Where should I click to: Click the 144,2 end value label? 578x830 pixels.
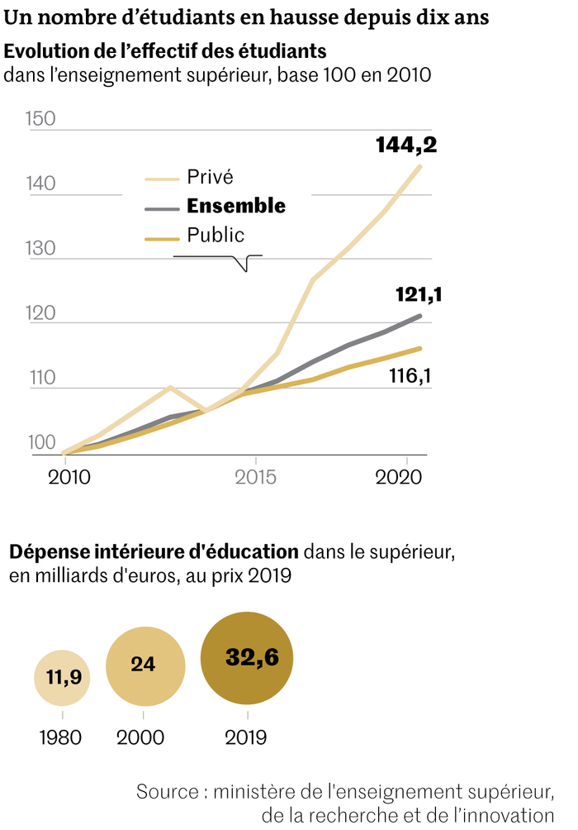pos(405,145)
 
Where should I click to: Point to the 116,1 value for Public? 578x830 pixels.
pos(410,377)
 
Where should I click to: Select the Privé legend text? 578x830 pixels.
pos(211,176)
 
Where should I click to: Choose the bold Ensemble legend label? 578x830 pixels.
pos(236,206)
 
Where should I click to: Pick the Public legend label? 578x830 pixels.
pos(216,235)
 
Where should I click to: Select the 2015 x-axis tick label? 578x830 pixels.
pos(256,478)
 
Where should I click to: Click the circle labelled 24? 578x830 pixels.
pos(144,665)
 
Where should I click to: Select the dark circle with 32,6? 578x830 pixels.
pos(247,657)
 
